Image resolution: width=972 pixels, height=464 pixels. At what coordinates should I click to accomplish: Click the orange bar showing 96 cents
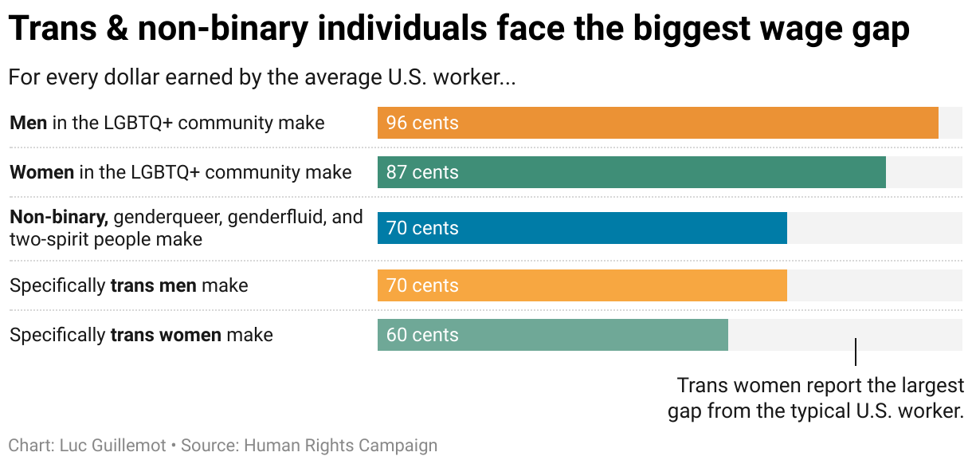(657, 123)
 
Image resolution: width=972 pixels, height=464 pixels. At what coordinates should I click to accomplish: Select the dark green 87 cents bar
(631, 172)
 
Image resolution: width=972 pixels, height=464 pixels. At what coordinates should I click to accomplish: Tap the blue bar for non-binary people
(582, 228)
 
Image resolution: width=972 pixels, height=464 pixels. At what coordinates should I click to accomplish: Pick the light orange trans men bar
(582, 285)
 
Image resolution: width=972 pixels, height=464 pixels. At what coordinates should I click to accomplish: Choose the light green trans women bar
(552, 335)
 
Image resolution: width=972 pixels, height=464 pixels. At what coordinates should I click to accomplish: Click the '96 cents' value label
(422, 123)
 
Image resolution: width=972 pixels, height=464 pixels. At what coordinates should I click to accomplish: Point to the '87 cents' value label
(422, 172)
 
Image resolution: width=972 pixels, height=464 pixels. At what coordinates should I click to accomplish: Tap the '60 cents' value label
(422, 335)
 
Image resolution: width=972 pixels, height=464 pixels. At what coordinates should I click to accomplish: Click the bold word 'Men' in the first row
(29, 123)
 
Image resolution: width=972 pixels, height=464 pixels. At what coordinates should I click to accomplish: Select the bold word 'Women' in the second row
(41, 172)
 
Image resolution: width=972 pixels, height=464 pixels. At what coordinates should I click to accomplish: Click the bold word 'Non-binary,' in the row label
(58, 217)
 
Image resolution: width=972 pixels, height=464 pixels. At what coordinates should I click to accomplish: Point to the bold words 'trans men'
(153, 285)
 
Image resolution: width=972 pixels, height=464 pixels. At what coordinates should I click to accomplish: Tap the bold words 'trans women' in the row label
(166, 335)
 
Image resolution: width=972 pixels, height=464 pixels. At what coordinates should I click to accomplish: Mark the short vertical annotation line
(856, 352)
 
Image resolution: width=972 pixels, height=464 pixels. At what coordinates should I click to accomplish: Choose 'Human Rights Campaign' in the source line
(340, 445)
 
